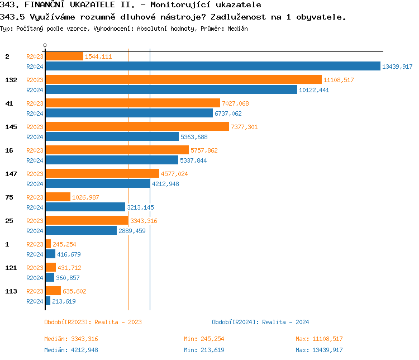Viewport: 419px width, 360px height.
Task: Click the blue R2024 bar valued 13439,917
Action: click(x=212, y=66)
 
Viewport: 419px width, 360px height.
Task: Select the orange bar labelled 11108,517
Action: click(x=183, y=79)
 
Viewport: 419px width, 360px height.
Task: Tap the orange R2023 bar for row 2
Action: click(x=64, y=56)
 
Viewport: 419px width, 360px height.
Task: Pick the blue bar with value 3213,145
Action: click(x=85, y=207)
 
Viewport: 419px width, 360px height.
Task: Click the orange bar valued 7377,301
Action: click(x=137, y=126)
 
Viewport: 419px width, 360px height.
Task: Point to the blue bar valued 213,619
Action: click(x=47, y=301)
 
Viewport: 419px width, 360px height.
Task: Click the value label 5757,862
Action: click(x=204, y=150)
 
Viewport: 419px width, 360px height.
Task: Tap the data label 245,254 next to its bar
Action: click(x=64, y=244)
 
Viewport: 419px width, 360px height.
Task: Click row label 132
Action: click(x=11, y=80)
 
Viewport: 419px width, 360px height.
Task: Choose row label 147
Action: click(x=11, y=174)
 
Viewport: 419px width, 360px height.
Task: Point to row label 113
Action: click(x=11, y=291)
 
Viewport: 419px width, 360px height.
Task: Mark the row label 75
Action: click(x=9, y=197)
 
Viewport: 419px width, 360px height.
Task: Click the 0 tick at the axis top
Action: click(x=45, y=45)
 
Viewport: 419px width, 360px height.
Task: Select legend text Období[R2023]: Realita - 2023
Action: click(x=93, y=322)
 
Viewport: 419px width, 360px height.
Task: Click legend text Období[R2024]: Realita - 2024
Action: click(x=260, y=322)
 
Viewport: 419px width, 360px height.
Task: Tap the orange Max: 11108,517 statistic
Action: click(x=319, y=339)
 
